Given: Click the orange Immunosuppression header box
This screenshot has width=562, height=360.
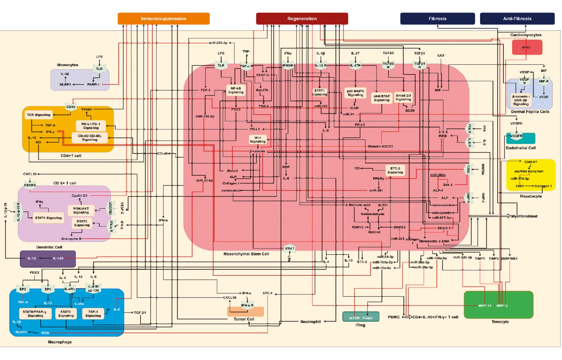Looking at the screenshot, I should pos(164,19).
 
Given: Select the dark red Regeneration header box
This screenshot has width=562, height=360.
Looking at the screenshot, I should pos(302,19).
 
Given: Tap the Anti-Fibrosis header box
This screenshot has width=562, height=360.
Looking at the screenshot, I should pos(517,19).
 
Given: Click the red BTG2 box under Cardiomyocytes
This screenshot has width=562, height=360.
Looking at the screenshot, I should pos(527,47).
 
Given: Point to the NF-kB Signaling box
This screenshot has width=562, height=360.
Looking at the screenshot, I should pos(236,90).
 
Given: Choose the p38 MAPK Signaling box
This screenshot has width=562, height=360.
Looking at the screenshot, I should pos(355,93).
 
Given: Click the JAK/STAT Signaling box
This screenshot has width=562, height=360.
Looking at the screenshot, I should pos(382,98).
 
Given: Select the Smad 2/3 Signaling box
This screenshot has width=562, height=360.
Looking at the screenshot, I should pos(403,97).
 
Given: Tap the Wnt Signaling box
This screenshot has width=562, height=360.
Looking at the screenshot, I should pos(258,140).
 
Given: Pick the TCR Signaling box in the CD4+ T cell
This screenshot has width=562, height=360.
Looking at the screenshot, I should pos(38,115).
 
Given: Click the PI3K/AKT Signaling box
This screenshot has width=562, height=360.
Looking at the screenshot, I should pos(81,210).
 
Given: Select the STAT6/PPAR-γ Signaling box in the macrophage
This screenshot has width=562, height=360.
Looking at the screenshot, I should pos(35,314).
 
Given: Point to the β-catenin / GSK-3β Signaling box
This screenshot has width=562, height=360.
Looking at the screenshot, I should pos(520,100).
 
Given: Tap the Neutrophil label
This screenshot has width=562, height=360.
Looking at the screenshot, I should pos(310,322).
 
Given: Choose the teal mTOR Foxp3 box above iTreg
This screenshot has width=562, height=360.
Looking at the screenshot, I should pos(360,318).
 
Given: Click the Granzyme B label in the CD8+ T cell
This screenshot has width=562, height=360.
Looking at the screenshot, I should pos(71,239).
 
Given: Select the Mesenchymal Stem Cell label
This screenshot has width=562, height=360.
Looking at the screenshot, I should pos(246,254).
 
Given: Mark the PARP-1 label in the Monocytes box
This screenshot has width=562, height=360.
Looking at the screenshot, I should pos(93,85).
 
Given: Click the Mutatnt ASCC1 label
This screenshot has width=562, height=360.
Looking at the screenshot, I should pos(380,146).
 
